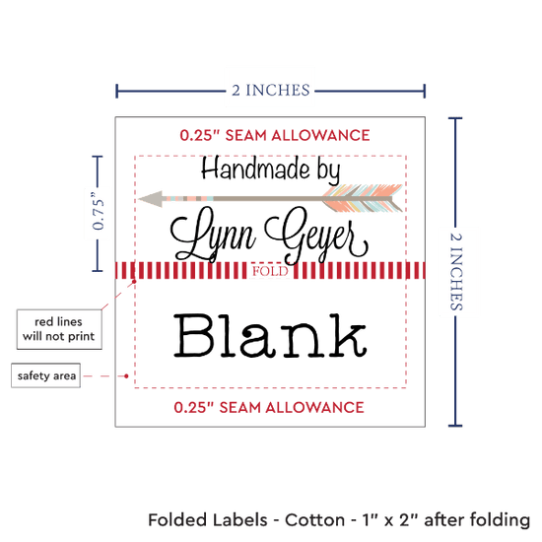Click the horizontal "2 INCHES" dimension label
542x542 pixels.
coord(271,91)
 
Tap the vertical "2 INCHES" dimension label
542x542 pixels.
coord(456,271)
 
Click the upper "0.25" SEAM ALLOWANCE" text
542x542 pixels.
coord(275,135)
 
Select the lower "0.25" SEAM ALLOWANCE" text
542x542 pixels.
coord(269,408)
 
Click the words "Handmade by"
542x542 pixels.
coord(271,169)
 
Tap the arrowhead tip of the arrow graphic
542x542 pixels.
coord(139,199)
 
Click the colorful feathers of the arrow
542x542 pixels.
coord(363,198)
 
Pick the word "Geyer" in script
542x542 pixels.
coord(316,236)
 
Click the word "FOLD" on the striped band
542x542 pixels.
coord(270,271)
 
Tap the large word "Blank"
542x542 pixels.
coord(270,335)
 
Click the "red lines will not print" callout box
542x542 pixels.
coord(59,329)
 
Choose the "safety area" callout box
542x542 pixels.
coord(46,375)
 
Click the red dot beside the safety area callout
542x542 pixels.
coord(126,375)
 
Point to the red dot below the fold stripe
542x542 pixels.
coord(134,282)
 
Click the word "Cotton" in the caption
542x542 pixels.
coord(314,520)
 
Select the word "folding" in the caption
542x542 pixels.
coord(500,520)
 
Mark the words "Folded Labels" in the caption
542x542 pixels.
coord(207,520)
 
